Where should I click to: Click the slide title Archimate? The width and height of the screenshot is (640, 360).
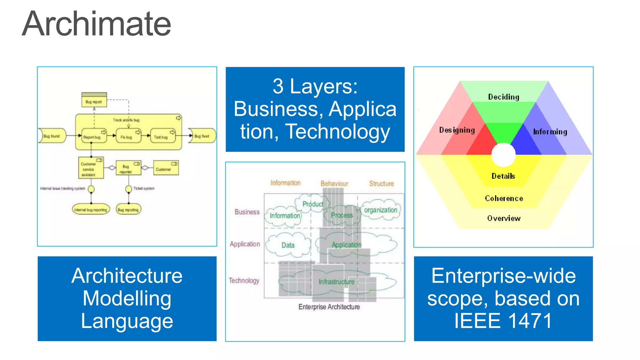[x=96, y=24]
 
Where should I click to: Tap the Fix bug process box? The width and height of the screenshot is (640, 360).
[x=128, y=136]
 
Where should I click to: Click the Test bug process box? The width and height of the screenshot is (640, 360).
[x=162, y=136]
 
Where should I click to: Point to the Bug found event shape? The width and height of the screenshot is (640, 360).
[x=52, y=136]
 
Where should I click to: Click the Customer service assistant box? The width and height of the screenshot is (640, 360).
[x=91, y=169]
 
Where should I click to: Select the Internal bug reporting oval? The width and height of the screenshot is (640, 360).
[x=91, y=210]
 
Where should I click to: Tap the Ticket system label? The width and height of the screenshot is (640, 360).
[x=144, y=188]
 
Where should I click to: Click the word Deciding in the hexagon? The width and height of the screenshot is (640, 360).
[x=503, y=97]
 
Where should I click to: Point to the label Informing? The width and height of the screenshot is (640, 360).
[x=550, y=132]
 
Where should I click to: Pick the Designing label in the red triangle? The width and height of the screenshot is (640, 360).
[x=457, y=130]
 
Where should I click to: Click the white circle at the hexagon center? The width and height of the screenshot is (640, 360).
[x=503, y=155]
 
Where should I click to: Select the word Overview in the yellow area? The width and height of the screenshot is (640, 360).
[x=504, y=218]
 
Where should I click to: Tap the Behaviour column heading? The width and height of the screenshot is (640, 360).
[x=334, y=183]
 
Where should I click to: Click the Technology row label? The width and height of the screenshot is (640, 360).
[x=244, y=280]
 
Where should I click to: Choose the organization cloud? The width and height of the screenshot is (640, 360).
[x=380, y=210]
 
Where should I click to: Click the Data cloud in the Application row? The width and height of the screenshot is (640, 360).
[x=288, y=245]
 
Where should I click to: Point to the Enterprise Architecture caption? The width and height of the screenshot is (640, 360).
[x=329, y=307]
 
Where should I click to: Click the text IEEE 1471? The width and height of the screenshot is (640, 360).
[x=503, y=321]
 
